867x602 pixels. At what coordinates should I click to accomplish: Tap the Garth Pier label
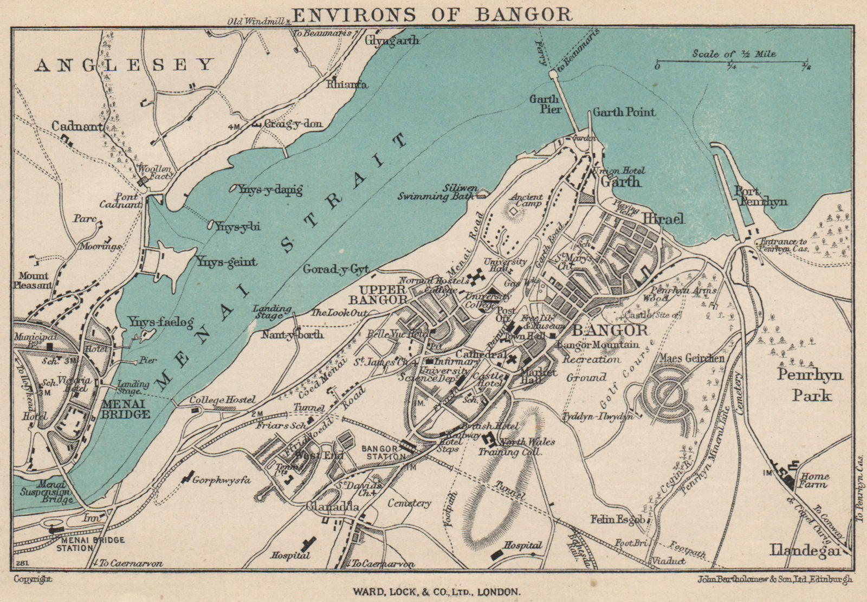[x=544, y=104]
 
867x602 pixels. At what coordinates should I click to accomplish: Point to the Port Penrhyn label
[x=760, y=197]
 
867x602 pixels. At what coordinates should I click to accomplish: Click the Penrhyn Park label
[x=810, y=385]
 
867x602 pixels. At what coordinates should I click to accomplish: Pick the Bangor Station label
[x=384, y=452]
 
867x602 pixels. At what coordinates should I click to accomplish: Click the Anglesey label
[x=125, y=66]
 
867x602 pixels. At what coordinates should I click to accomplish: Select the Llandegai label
[x=805, y=551]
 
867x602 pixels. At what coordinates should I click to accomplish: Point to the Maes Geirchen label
[x=691, y=358]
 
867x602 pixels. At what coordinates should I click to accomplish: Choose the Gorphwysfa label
[x=222, y=480]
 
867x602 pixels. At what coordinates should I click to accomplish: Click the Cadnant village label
[x=77, y=126]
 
